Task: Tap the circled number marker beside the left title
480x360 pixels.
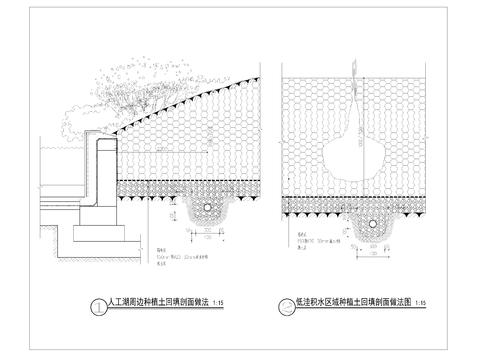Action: (x=96, y=306)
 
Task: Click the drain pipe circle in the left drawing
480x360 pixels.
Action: (x=207, y=211)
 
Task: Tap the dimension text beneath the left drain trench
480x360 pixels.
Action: (x=207, y=240)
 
